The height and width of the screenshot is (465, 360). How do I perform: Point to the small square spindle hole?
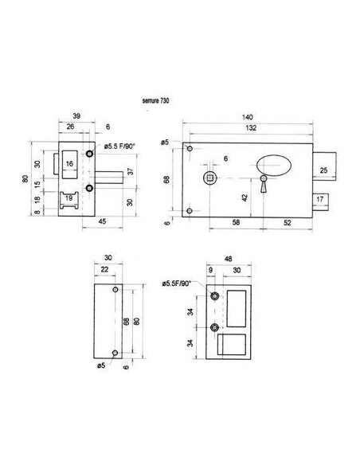tap(211, 177)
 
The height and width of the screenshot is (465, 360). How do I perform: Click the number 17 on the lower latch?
tap(319, 199)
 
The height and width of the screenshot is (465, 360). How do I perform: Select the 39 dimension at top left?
tap(76, 116)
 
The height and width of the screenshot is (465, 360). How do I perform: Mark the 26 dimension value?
tap(71, 127)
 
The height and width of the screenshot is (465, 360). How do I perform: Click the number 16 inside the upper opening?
tap(70, 163)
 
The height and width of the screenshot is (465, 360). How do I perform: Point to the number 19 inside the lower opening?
tap(69, 197)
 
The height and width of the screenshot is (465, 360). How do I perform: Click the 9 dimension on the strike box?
tap(210, 272)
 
